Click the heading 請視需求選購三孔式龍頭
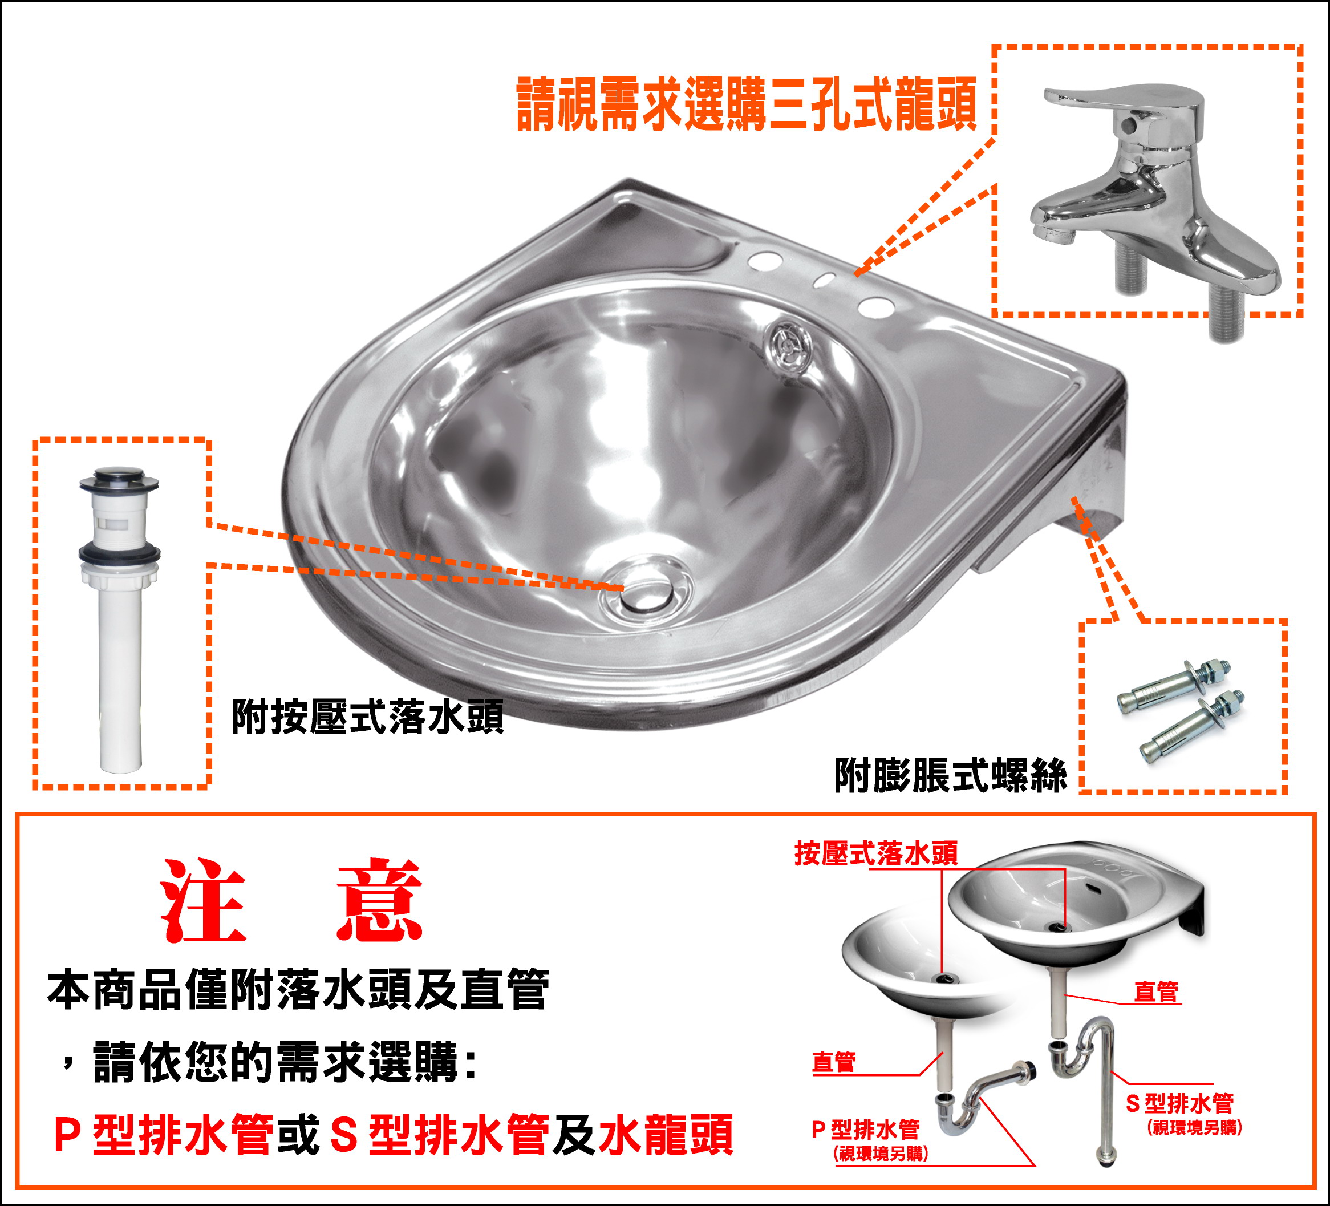tap(746, 104)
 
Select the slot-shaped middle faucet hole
tap(824, 280)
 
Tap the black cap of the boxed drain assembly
tap(119, 480)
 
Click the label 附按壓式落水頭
tap(367, 717)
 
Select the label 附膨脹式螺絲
tap(950, 775)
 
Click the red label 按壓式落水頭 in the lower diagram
tap(876, 853)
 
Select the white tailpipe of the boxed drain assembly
tap(121, 679)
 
